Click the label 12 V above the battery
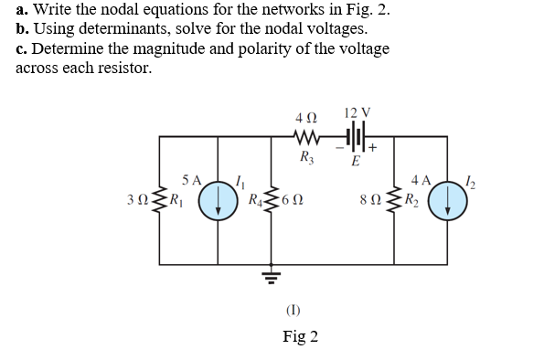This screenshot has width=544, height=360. pyautogui.click(x=357, y=112)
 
